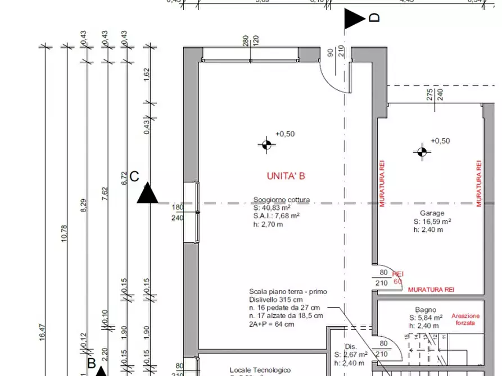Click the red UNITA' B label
286,176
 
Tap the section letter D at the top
374,18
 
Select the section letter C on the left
134,177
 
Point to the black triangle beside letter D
354,19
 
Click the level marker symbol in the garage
422,152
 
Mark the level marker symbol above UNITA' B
267,145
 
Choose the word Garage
432,213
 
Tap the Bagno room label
426,309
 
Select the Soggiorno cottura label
281,200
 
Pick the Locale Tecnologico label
260,370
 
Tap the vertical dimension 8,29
83,206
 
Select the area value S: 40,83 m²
275,208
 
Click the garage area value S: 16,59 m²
432,221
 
